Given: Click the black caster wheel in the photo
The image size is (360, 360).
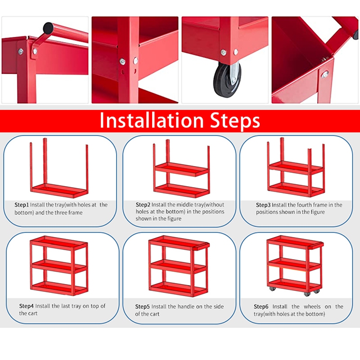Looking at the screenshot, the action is click(x=227, y=78).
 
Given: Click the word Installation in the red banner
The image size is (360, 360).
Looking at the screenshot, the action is click(x=152, y=120).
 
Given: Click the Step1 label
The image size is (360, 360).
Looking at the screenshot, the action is click(x=22, y=205).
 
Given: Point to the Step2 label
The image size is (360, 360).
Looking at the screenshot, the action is click(x=143, y=205).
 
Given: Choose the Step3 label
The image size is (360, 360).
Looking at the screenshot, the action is click(x=263, y=205).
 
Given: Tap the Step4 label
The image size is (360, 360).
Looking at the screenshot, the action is click(x=27, y=306).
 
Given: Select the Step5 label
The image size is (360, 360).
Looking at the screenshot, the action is click(x=142, y=306).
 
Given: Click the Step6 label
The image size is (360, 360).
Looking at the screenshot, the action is click(x=261, y=306).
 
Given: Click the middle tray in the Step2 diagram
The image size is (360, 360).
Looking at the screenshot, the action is click(x=182, y=169).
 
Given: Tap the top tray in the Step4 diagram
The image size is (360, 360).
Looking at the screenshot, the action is click(x=59, y=243).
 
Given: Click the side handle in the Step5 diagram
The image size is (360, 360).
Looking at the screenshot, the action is click(x=202, y=247).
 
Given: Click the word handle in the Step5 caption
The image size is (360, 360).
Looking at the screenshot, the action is click(x=186, y=306).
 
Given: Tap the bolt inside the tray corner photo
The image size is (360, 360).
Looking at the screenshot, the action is click(x=325, y=74).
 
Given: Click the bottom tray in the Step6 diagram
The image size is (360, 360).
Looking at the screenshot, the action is click(x=295, y=285).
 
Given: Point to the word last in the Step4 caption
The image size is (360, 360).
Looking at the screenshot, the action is click(x=70, y=306).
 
